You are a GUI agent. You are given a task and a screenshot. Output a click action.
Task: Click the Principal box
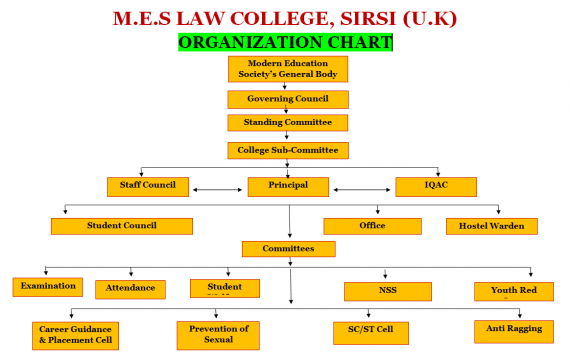288,186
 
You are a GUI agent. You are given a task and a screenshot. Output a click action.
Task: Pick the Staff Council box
148,186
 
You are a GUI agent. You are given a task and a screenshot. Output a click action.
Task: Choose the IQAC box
435,186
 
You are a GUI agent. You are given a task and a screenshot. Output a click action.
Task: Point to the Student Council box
122,226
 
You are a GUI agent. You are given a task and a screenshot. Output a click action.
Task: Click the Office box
372,226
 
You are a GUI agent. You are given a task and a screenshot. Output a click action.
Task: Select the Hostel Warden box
491,226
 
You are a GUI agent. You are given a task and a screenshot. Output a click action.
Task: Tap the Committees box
288,248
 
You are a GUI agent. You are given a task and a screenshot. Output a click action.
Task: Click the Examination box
48,287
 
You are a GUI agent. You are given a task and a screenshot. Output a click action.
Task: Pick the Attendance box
130,289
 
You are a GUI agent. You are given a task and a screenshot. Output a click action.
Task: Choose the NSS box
388,291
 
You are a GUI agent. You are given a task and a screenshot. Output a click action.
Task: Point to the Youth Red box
514,291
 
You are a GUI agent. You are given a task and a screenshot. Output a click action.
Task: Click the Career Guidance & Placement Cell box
76,334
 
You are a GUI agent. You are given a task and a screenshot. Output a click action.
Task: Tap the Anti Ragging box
514,329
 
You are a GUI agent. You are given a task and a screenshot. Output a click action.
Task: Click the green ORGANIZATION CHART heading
285,43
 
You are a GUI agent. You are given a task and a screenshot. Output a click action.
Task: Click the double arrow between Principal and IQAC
363,187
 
